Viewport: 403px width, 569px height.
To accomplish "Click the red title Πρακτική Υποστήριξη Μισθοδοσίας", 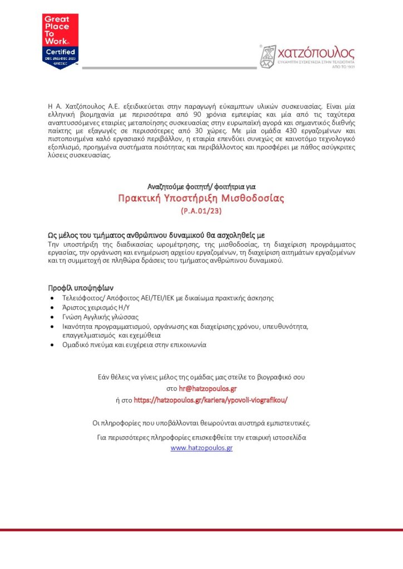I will coord(201,198).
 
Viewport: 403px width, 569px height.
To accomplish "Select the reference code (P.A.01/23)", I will coord(201,212).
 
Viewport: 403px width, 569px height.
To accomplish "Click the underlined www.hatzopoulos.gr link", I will coord(202,447).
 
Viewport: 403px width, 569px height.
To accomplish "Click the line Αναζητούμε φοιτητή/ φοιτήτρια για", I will coord(201,186).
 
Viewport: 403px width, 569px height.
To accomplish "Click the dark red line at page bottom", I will coord(202,530).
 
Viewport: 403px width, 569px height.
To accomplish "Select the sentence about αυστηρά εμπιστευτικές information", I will coord(201,423).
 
